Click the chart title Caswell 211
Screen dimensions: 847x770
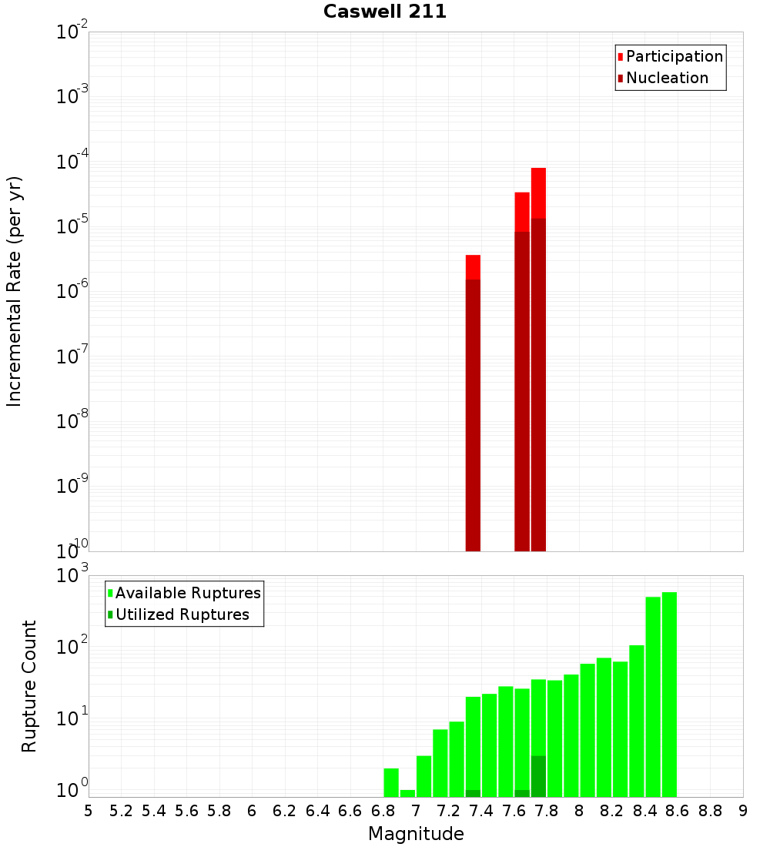(x=384, y=12)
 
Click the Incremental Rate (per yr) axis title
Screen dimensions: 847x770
(x=15, y=292)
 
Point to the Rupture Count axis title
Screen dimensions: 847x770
(x=29, y=686)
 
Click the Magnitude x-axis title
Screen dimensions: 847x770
(x=416, y=834)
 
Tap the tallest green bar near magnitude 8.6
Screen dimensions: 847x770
(x=669, y=693)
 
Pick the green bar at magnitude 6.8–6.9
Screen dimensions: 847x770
(x=391, y=782)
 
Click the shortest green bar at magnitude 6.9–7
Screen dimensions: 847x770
(x=407, y=793)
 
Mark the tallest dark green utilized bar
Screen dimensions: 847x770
(x=538, y=776)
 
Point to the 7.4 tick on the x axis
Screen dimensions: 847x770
(x=481, y=811)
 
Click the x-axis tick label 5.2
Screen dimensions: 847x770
(x=121, y=811)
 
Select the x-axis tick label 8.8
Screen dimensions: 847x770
(x=710, y=811)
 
